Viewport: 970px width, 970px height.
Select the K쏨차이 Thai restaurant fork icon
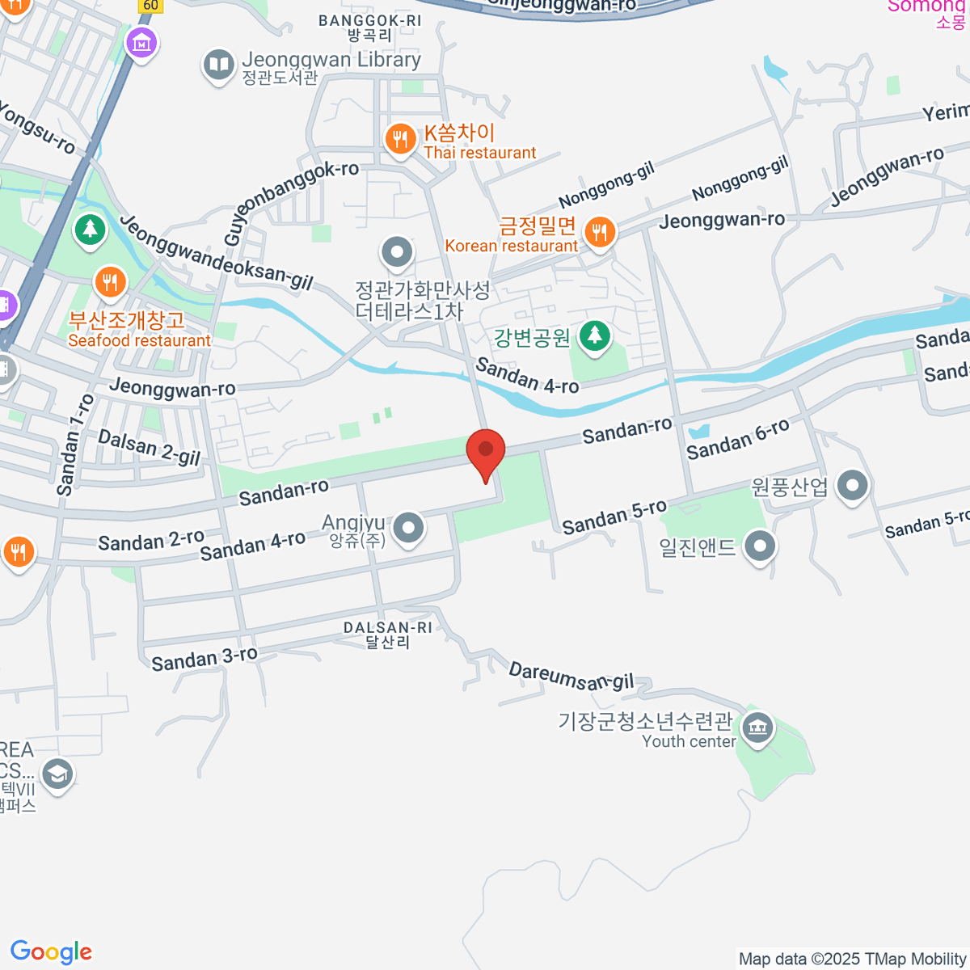pos(399,140)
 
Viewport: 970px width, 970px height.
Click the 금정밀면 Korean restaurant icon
pos(599,233)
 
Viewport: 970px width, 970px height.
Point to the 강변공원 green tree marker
pos(595,335)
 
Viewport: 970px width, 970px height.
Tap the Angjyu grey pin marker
pos(408,529)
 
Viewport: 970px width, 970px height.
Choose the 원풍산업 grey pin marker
pos(852,486)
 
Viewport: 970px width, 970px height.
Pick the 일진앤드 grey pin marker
pos(759,546)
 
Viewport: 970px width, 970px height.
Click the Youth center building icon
pos(757,729)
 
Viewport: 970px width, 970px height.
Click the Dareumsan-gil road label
pos(571,677)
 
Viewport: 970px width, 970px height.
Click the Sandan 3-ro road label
pos(205,659)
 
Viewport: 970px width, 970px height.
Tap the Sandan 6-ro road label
pos(737,440)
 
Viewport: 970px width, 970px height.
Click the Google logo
pos(51,951)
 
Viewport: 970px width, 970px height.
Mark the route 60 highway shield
pos(150,5)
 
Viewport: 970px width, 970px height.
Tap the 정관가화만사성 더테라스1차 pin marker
pos(397,252)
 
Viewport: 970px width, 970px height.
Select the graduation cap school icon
pos(57,774)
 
